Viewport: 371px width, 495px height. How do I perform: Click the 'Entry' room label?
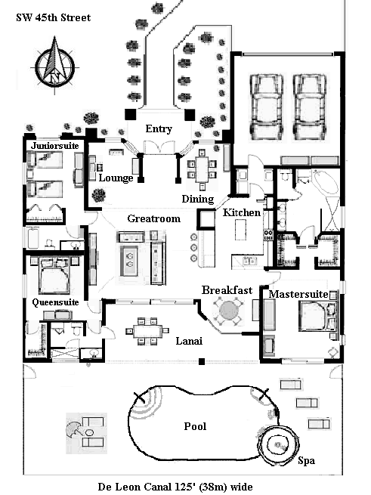[x=158, y=128]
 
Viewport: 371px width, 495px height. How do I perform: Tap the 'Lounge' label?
[x=116, y=178]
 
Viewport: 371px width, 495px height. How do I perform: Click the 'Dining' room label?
[x=197, y=198]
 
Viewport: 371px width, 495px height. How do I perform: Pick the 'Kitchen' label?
[x=242, y=213]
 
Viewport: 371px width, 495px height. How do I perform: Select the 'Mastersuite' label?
[x=297, y=292]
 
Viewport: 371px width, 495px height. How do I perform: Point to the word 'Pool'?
[x=195, y=426]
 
